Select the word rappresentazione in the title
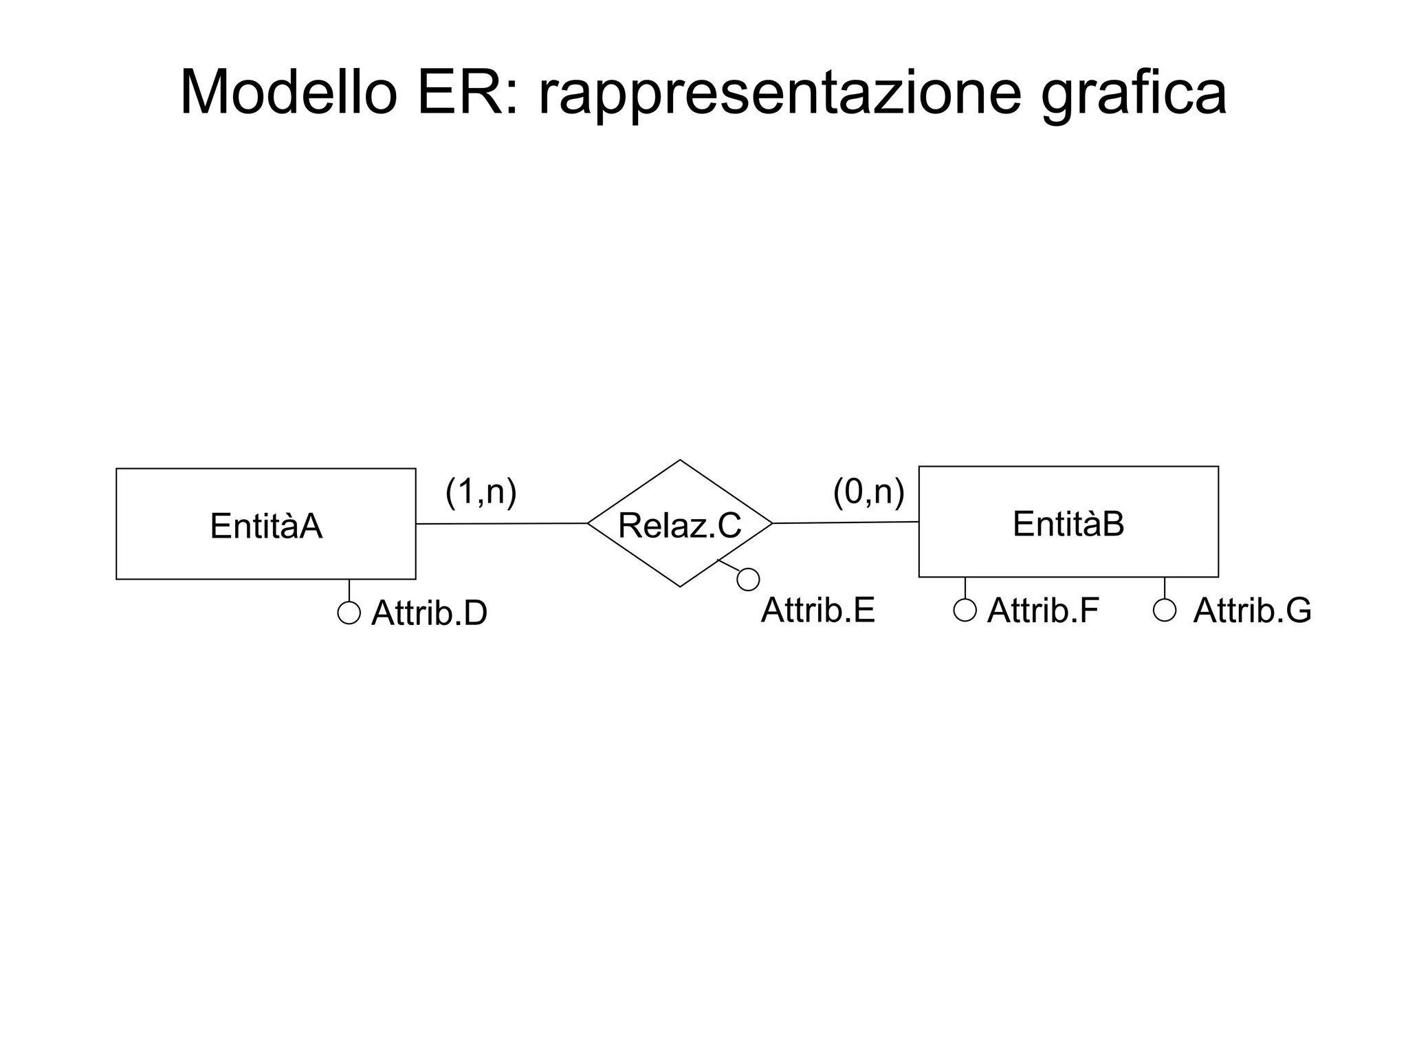[x=780, y=95]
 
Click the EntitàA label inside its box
[x=266, y=527]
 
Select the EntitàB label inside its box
[x=1068, y=524]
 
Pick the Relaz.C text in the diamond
[x=679, y=526]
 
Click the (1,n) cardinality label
[x=481, y=492]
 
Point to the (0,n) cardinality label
[x=868, y=492]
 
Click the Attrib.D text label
[x=429, y=613]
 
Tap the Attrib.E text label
[x=817, y=610]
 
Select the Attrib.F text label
[x=1042, y=610]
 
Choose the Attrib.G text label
[x=1252, y=610]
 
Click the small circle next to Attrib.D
[x=349, y=613]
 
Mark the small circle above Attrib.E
[x=748, y=580]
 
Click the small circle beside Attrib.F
[x=965, y=610]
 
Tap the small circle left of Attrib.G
[x=1165, y=610]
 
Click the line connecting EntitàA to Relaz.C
[x=502, y=524]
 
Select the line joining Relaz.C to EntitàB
[x=846, y=522]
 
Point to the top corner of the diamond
[x=680, y=461]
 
